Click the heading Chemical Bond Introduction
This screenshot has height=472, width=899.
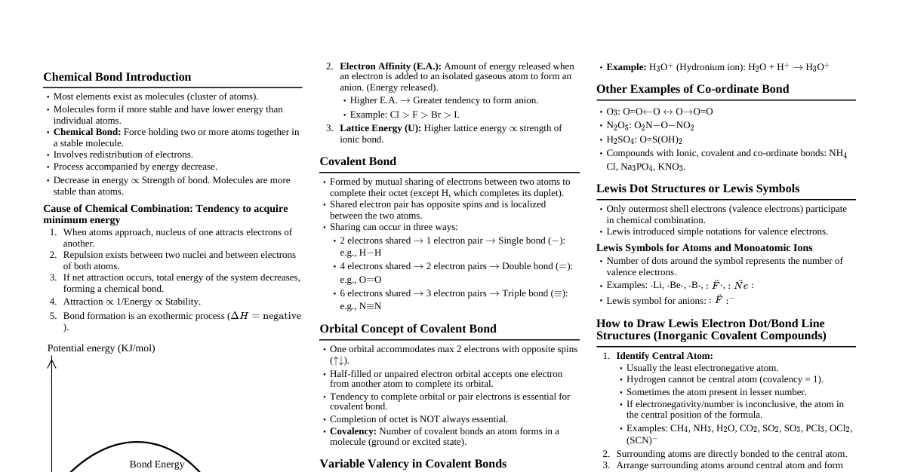[117, 77]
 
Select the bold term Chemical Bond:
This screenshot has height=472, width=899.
[87, 132]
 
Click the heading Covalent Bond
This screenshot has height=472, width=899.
[357, 161]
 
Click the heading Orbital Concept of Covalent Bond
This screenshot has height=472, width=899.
[408, 329]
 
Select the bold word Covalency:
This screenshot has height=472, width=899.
[353, 431]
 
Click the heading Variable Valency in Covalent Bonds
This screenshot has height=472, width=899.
[412, 464]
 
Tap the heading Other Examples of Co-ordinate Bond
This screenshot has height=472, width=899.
[692, 89]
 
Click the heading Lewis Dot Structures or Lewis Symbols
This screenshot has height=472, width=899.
[697, 188]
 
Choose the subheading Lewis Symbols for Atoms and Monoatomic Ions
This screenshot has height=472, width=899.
[704, 247]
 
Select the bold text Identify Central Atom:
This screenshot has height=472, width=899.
[664, 356]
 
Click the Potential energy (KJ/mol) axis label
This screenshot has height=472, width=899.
[101, 348]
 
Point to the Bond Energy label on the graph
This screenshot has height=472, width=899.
[157, 464]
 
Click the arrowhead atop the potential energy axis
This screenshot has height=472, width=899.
[51, 363]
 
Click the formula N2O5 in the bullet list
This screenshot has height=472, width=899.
[618, 126]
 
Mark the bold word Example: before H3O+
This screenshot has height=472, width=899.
[626, 67]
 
